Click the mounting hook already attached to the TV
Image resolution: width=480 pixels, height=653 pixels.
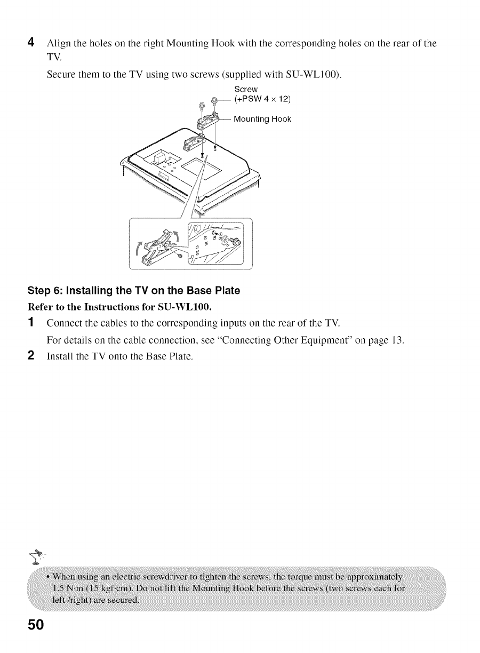194,142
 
